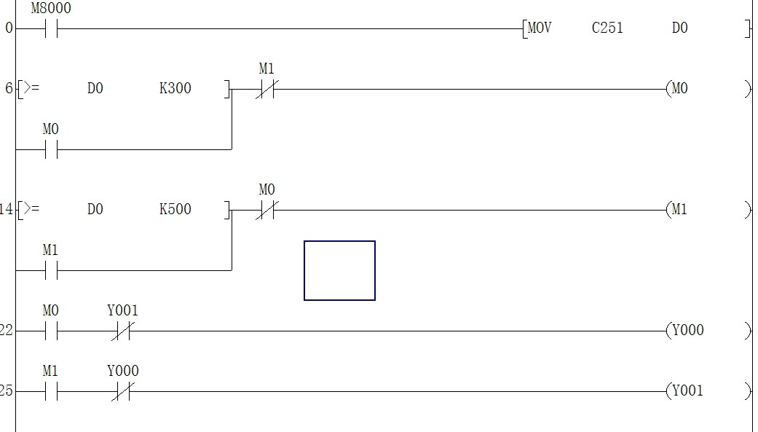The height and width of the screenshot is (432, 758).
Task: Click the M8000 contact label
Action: click(x=50, y=9)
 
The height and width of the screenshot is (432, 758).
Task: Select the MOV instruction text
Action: click(x=540, y=28)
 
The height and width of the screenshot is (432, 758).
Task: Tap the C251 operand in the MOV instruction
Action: click(x=607, y=28)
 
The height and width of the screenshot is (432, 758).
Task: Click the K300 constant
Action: click(x=175, y=89)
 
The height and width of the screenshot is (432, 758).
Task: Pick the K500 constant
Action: click(x=175, y=210)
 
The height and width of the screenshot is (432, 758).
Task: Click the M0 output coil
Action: click(x=679, y=89)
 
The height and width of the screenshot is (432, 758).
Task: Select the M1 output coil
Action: click(x=679, y=210)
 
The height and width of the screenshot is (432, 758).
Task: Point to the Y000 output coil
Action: click(x=687, y=331)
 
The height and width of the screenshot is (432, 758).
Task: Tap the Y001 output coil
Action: click(x=687, y=391)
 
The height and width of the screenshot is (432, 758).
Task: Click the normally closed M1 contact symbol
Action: click(x=266, y=90)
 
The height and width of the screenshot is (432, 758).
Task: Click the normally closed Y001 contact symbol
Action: click(x=122, y=331)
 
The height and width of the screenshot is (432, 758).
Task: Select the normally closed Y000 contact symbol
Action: click(x=122, y=392)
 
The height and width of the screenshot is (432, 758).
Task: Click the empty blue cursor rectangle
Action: click(x=339, y=270)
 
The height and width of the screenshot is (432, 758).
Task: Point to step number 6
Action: click(x=9, y=89)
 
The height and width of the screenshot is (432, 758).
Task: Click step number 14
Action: click(x=7, y=210)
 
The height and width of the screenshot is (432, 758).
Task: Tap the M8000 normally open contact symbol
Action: click(x=50, y=29)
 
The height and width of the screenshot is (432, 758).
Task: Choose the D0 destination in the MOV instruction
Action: click(x=679, y=28)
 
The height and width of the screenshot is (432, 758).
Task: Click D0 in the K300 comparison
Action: click(x=95, y=89)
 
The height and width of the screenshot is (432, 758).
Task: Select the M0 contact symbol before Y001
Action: click(x=50, y=331)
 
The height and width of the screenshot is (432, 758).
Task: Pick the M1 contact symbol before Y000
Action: click(x=50, y=392)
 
